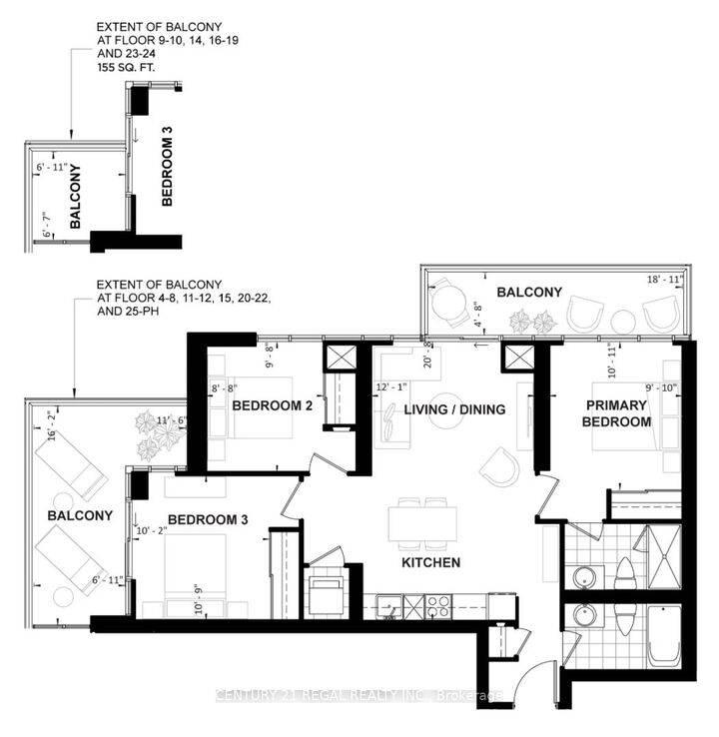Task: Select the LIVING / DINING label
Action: pos(454,409)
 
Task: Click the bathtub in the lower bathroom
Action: pos(664,636)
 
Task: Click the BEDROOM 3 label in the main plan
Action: pos(207,519)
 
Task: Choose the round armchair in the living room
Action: pos(498,464)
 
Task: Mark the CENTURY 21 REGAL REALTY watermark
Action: pos(359,695)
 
